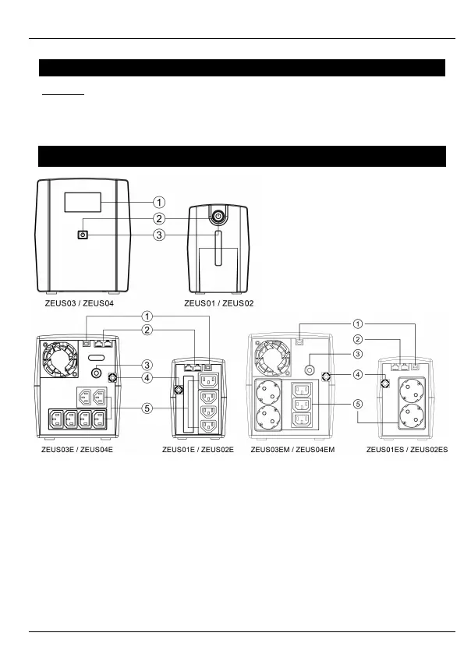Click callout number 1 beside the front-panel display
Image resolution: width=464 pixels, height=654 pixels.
tap(159, 203)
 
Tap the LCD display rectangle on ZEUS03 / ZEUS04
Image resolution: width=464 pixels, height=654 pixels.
tap(83, 203)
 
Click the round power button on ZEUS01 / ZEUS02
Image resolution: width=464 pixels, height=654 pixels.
tap(218, 216)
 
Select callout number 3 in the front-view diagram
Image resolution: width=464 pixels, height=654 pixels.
tap(159, 235)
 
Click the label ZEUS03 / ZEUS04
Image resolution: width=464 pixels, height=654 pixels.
tap(79, 303)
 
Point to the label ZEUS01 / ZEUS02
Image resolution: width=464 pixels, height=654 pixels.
tap(218, 303)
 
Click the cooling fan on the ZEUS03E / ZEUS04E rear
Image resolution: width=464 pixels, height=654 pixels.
tap(59, 359)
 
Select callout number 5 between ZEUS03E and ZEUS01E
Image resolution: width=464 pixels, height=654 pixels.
tap(147, 408)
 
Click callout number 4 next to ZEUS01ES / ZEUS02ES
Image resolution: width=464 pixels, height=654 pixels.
tap(358, 374)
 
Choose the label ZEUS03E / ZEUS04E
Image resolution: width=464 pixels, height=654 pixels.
tap(76, 450)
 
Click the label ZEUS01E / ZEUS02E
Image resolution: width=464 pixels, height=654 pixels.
tap(198, 450)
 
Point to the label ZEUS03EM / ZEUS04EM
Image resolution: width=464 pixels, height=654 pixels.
tap(292, 450)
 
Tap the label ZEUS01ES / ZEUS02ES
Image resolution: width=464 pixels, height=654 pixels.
tap(407, 450)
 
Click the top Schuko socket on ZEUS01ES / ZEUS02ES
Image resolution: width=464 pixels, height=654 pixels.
tap(412, 391)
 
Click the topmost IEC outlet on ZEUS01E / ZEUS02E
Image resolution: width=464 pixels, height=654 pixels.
tap(209, 381)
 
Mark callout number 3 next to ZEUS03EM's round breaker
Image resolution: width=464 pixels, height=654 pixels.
tap(358, 354)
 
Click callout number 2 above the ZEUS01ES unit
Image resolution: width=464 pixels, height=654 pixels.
tap(358, 339)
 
